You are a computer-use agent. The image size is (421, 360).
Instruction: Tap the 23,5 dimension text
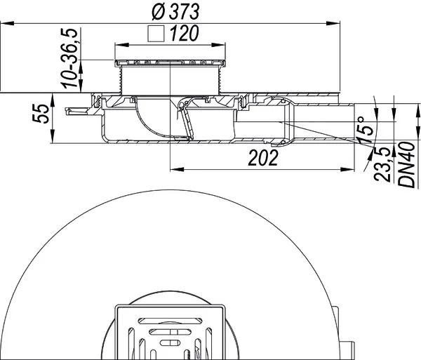pyautogui.click(x=385, y=165)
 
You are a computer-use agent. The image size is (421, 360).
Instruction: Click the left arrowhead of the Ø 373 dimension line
pyautogui.click(x=4, y=25)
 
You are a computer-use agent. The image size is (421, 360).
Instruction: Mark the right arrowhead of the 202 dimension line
pyautogui.click(x=356, y=168)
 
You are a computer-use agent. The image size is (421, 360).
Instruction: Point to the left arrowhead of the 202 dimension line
pyautogui.click(x=174, y=168)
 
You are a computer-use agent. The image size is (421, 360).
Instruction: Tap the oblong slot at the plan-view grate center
pyautogui.click(x=171, y=342)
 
